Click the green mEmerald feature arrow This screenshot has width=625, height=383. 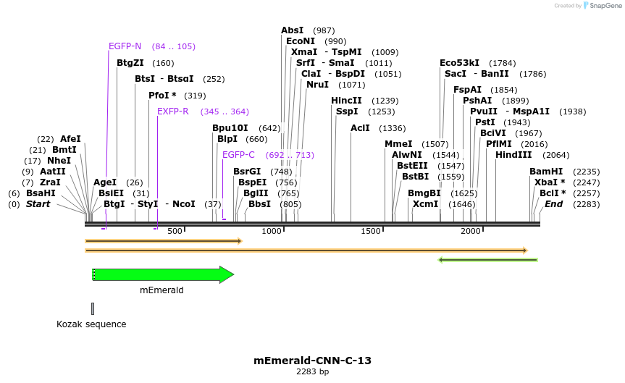point(163,275)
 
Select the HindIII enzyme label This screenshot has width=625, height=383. point(513,155)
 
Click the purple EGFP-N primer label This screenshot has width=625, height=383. point(125,46)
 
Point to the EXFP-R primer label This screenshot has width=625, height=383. point(172,111)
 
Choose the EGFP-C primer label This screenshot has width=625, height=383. point(238,155)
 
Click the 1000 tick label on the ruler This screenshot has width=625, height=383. point(272,231)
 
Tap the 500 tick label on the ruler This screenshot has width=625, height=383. point(175,231)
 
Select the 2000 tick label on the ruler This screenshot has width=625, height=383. point(471,231)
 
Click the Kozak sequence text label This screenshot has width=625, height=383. point(91,324)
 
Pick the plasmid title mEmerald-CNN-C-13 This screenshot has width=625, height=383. point(312,360)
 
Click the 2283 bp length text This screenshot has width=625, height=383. point(312,371)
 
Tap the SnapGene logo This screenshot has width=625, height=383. point(600,6)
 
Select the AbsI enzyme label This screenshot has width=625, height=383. point(292,30)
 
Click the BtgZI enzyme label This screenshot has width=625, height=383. point(130,63)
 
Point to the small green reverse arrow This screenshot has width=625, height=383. point(488,259)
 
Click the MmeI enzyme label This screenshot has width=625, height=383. point(398,144)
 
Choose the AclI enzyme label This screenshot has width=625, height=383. point(360,128)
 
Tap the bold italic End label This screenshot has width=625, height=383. point(553,204)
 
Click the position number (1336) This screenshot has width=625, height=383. point(392,128)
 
